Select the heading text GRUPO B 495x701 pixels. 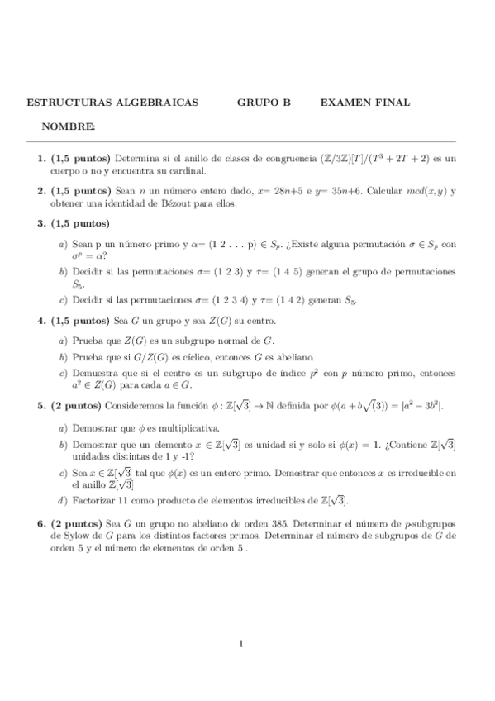[x=264, y=103]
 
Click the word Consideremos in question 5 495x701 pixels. [x=132, y=406]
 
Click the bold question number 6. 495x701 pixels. [x=41, y=524]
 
